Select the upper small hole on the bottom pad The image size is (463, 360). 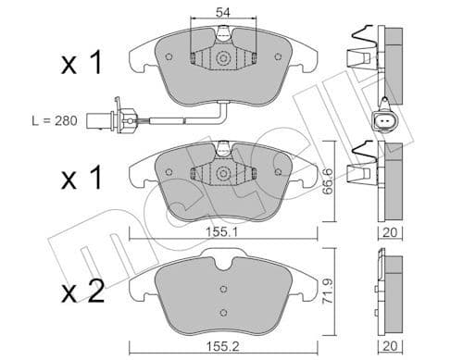click(x=223, y=288)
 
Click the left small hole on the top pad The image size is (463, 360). click(x=168, y=56)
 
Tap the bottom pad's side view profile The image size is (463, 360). click(x=390, y=287)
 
